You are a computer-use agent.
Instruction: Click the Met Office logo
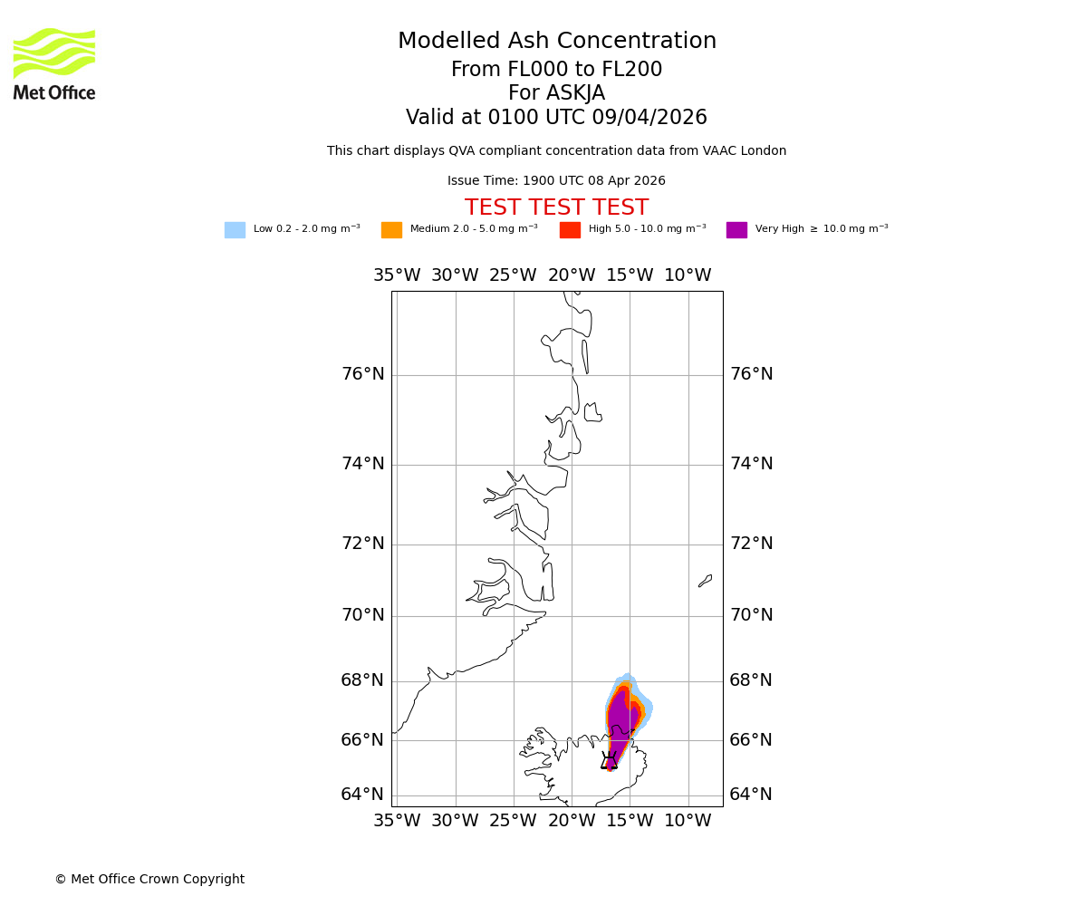click(x=54, y=63)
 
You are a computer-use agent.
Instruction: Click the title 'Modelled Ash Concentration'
click(x=556, y=42)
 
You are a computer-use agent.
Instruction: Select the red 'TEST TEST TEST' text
click(x=556, y=208)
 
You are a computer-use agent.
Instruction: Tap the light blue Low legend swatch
click(x=235, y=230)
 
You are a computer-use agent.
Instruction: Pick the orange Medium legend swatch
click(x=391, y=230)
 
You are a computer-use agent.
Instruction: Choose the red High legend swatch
click(x=570, y=230)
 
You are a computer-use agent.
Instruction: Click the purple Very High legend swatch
click(x=736, y=230)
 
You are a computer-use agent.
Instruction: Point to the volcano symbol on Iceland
click(x=610, y=761)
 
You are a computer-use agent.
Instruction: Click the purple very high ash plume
click(x=620, y=720)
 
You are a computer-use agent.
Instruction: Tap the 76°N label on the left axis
click(x=362, y=374)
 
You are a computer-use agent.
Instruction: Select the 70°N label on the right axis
click(x=752, y=615)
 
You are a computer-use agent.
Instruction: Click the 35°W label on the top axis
click(x=397, y=275)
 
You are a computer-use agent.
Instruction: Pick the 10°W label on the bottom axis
click(x=688, y=821)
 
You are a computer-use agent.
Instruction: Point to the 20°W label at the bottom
click(x=572, y=821)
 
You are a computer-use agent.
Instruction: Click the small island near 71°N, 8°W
click(x=705, y=581)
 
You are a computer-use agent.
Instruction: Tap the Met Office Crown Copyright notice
click(x=149, y=880)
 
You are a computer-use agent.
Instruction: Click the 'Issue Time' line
click(x=556, y=181)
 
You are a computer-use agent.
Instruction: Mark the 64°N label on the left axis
click(x=362, y=795)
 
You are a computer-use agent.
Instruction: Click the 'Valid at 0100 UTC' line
click(x=556, y=118)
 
